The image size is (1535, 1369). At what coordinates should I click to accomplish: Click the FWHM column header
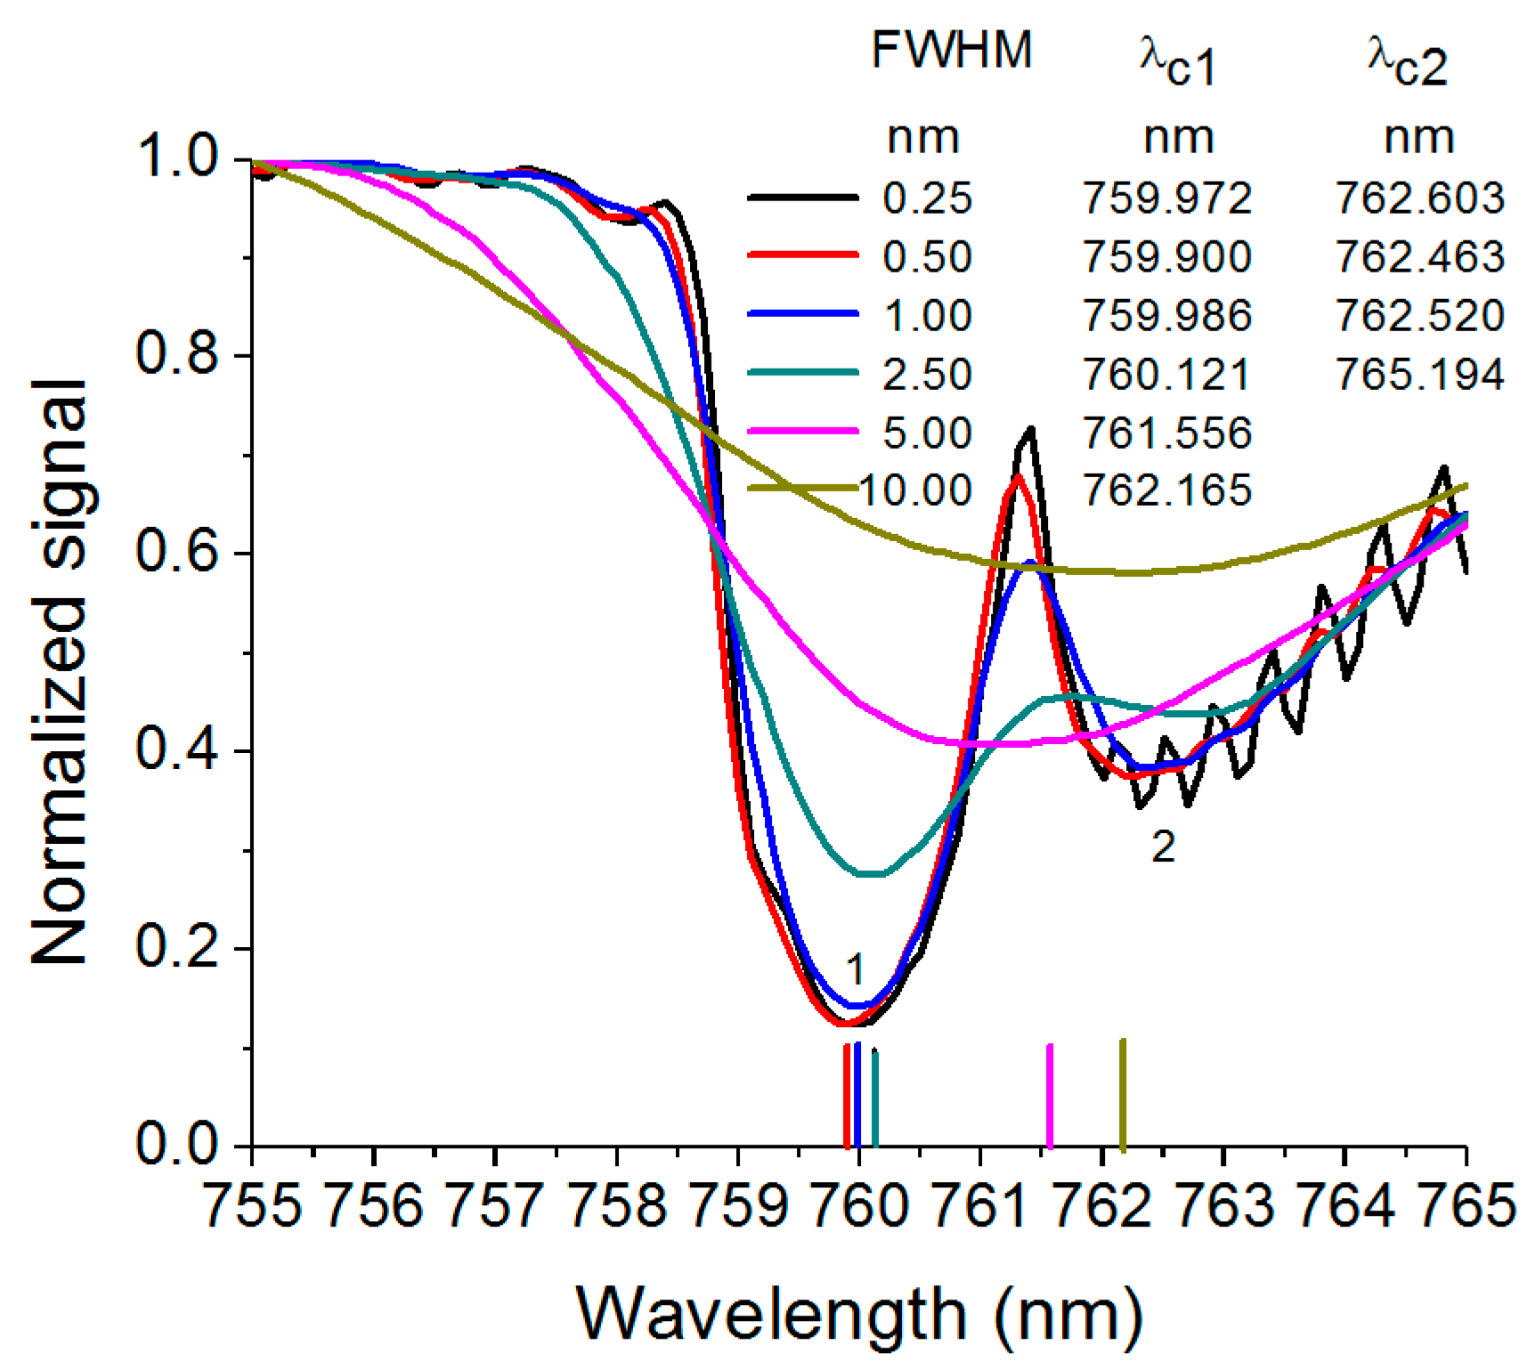[951, 50]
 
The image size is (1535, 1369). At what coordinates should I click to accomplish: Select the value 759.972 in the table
[1166, 198]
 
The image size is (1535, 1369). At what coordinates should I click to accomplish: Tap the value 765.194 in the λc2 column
[1419, 374]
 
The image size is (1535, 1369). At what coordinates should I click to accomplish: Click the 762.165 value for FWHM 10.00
[1166, 490]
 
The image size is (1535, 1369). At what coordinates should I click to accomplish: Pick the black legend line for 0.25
[803, 198]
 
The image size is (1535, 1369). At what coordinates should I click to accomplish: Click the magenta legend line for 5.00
[803, 432]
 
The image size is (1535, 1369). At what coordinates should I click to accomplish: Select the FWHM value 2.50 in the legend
[927, 374]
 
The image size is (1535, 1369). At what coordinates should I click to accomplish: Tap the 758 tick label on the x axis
[616, 1207]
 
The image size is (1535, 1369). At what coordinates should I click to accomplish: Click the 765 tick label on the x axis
[1464, 1207]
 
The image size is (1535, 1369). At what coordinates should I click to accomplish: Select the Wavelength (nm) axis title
[859, 1314]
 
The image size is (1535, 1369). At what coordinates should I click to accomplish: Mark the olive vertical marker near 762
[1123, 1094]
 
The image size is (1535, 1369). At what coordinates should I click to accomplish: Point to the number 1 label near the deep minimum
[855, 968]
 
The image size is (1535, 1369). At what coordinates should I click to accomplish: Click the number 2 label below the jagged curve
[1163, 847]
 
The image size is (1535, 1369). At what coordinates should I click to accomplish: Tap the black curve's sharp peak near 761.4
[1030, 431]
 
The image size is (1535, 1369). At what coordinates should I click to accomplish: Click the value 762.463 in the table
[1419, 256]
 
